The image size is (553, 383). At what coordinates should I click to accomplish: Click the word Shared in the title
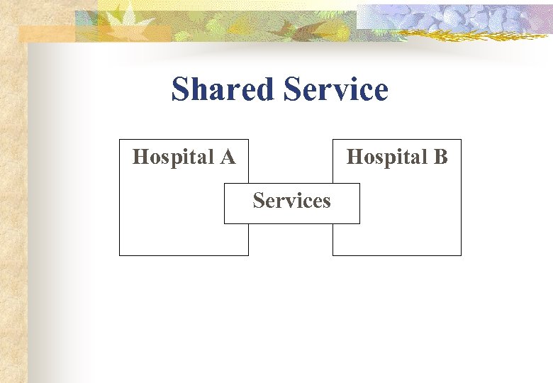pos(222,90)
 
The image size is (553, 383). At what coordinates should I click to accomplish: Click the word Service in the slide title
pos(335,90)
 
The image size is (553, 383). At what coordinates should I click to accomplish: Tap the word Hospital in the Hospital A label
pos(174,156)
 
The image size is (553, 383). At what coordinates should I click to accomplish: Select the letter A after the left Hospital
pos(228,156)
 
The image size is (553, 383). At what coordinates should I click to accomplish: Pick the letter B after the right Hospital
pos(440,156)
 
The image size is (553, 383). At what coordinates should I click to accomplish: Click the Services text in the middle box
pos(291,201)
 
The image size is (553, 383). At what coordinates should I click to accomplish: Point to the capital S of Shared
pos(181,90)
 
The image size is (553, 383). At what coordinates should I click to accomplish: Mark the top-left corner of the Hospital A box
pos(120,140)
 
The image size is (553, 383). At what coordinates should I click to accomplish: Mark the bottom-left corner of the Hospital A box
pos(120,255)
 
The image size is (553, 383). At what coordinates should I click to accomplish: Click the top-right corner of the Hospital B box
pos(461,140)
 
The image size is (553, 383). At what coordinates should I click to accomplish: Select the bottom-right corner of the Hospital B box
pos(461,255)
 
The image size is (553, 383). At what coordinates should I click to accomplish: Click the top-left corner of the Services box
pos(225,184)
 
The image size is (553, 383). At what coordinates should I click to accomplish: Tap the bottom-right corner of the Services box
pos(359,223)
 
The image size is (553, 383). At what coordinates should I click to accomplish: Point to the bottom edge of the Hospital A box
pos(184,255)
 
